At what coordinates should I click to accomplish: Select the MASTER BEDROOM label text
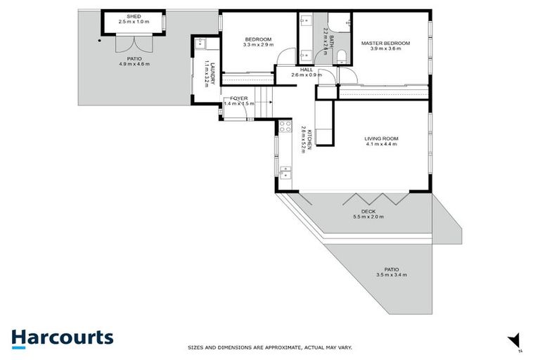(385, 43)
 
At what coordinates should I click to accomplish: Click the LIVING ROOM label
(380, 139)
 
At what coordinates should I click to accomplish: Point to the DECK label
(368, 211)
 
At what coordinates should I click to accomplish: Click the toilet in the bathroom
(340, 56)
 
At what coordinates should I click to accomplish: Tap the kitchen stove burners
(285, 127)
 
